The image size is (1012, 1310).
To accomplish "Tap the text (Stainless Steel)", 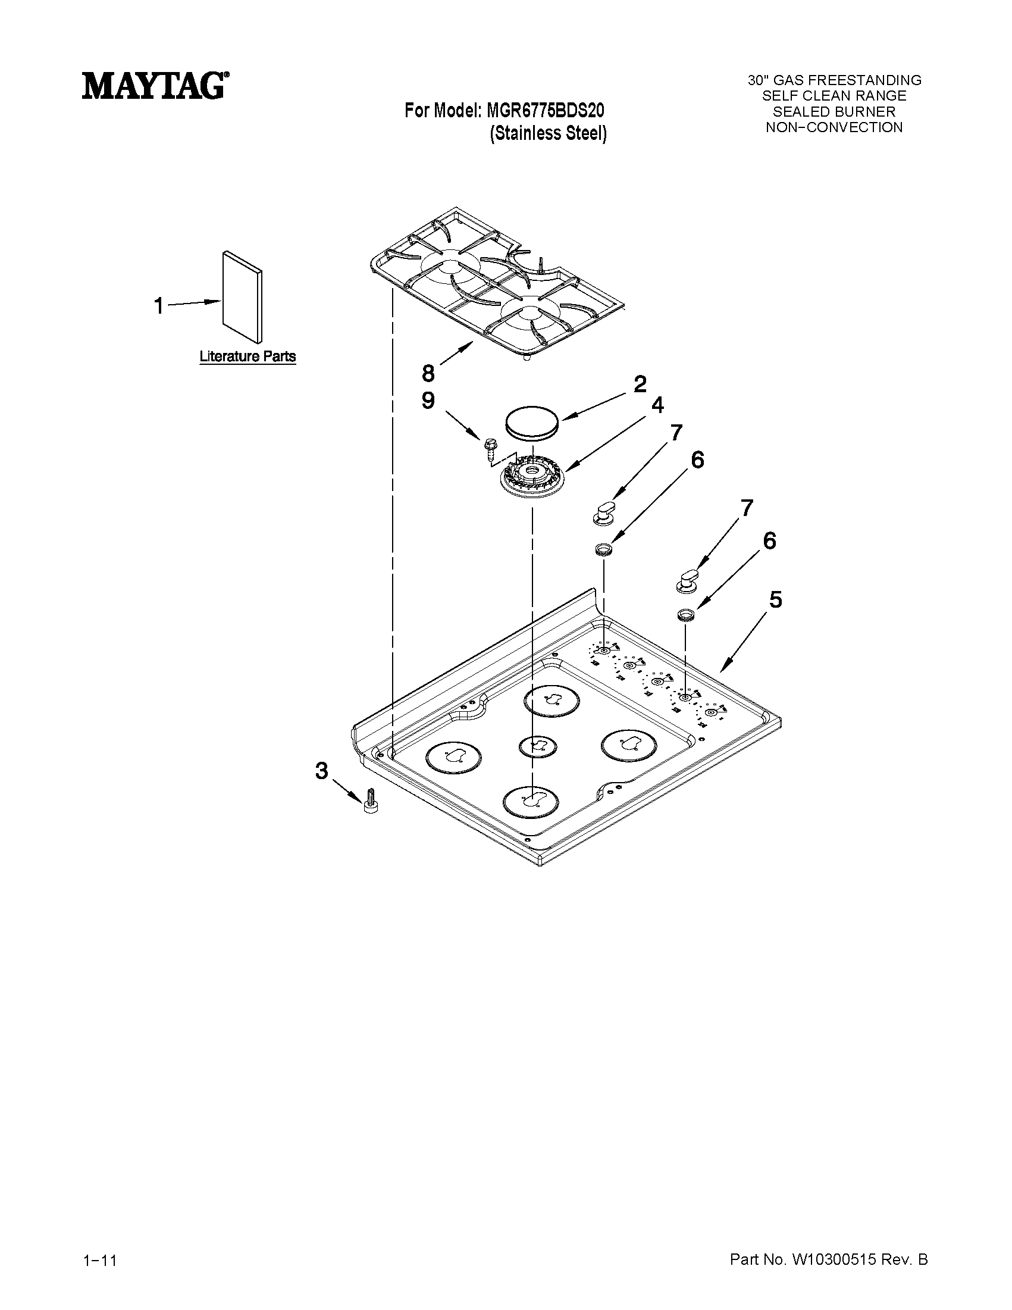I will click(x=548, y=133).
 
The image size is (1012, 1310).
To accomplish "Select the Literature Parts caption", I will click(x=247, y=357).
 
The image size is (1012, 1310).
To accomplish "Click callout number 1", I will click(x=158, y=306).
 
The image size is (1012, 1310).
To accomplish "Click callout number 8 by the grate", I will click(x=427, y=373).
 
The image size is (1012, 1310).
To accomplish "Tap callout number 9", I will click(x=427, y=401).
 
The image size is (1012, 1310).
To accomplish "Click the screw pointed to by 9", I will click(x=489, y=448).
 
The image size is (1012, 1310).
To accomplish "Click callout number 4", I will click(x=657, y=405).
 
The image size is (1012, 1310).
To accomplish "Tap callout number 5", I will click(x=775, y=599).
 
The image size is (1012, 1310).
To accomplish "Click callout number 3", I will click(x=322, y=771).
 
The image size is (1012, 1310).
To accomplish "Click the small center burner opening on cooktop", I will click(x=537, y=746).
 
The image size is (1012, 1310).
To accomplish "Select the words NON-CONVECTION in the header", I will click(x=834, y=127).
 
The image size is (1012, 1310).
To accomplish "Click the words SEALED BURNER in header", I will click(x=834, y=111).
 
